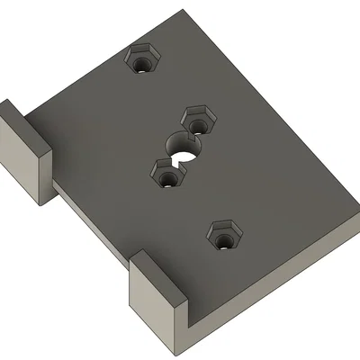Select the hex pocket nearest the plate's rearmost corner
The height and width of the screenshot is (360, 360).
point(142,61)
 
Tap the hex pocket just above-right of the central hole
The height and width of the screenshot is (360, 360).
point(198,119)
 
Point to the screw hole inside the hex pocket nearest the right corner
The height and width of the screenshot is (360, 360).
point(223,239)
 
